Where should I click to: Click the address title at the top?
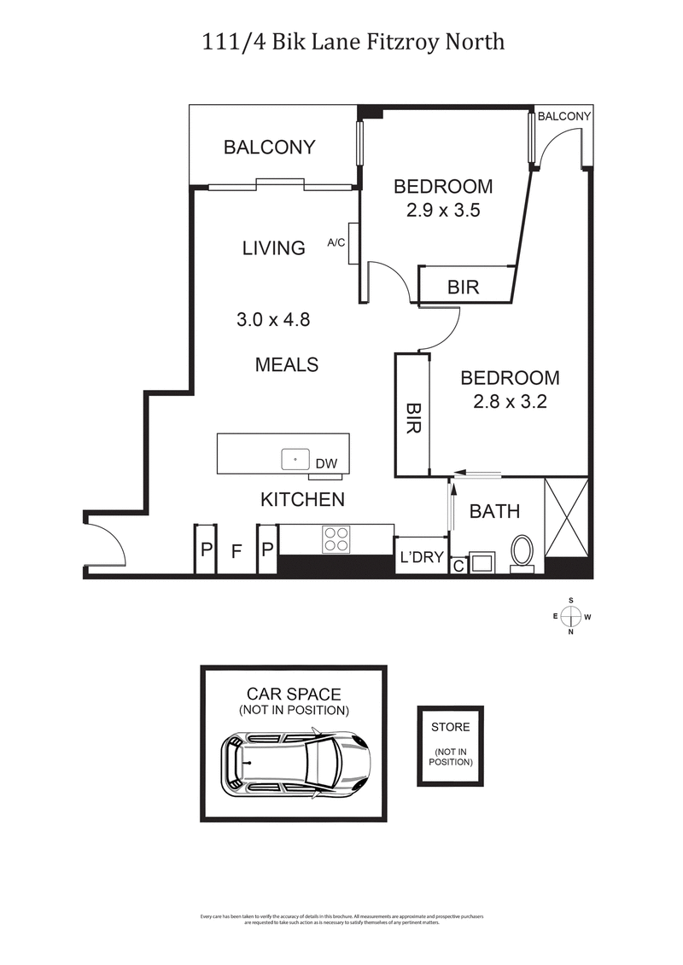pos(341,41)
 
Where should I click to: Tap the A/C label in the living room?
pos(336,242)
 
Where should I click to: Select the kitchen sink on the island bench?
pos(295,459)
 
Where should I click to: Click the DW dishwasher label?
pos(326,464)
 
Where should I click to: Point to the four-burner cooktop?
pos(336,540)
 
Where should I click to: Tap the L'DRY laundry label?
pos(422,558)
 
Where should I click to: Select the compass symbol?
pos(571,615)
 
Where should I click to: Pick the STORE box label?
pos(450,727)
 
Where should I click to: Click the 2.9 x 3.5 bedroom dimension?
pos(442,210)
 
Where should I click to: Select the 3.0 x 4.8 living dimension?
pos(272,321)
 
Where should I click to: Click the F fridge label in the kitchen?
pos(237,551)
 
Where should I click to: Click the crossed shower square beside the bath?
pos(566,517)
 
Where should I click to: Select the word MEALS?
pos(287,364)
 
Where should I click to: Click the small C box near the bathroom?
pos(458,564)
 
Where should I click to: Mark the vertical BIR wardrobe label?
pos(412,419)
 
